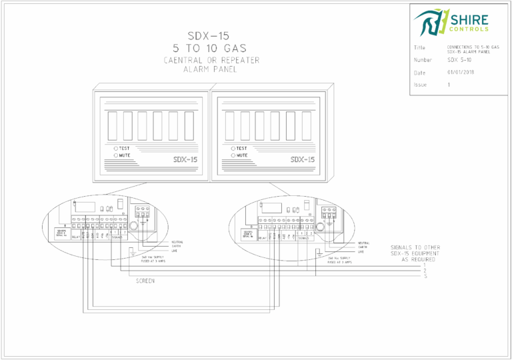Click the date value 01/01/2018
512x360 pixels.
point(460,72)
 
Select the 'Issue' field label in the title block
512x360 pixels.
point(419,85)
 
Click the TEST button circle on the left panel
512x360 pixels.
point(115,148)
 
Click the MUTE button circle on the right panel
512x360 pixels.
point(233,155)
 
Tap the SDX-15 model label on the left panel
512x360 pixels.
point(185,159)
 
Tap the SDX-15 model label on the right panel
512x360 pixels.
point(303,159)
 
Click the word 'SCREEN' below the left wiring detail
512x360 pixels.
point(145,281)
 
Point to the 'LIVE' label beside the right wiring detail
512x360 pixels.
point(361,252)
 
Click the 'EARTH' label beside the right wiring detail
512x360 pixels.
point(363,247)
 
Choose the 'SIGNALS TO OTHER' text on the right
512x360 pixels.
point(415,248)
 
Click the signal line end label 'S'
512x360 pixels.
point(425,276)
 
